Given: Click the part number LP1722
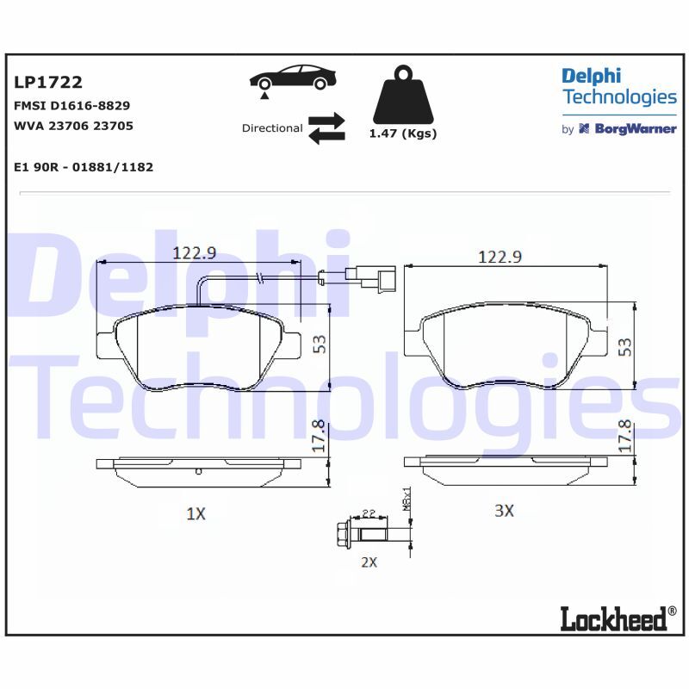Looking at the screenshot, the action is click(x=48, y=82).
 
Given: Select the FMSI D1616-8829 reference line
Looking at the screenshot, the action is click(x=72, y=105).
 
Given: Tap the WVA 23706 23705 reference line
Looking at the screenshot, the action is click(x=73, y=126).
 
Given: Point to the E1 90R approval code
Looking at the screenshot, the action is click(x=84, y=167).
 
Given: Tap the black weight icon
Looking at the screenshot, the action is click(x=403, y=95).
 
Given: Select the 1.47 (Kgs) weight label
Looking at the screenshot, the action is click(x=403, y=133).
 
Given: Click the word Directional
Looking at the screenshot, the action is click(x=272, y=127).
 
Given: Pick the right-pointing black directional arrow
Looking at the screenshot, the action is click(x=326, y=120).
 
